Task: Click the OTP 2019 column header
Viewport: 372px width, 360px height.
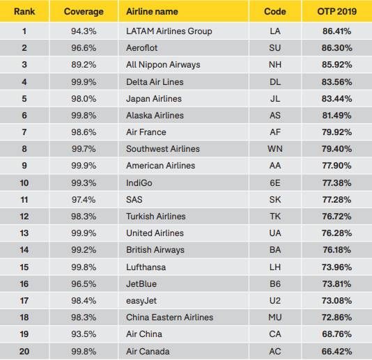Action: (337, 11)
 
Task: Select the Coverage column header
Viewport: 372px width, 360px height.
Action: (84, 12)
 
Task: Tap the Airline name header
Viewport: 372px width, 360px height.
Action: (152, 11)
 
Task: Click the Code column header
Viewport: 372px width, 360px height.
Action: (275, 11)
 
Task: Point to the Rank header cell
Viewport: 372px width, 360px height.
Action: (24, 11)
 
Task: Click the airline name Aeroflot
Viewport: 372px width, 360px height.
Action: (141, 48)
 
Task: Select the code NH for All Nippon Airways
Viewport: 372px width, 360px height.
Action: (275, 65)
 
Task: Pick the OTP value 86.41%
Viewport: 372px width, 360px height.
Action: (337, 31)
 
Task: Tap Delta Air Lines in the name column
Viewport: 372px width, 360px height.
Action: (155, 82)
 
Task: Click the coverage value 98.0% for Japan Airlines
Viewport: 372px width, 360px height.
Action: (84, 99)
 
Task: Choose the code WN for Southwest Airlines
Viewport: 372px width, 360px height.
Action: (275, 149)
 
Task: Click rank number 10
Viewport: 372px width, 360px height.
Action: (24, 183)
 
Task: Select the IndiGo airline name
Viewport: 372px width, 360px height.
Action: (139, 183)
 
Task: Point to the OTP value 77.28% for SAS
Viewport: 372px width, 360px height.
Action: (337, 200)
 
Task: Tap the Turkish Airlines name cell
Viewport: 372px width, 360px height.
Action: (156, 217)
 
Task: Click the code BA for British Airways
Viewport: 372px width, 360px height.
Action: (275, 250)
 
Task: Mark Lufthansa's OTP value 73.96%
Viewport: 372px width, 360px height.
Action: (337, 267)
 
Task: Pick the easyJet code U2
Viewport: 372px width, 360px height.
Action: (275, 301)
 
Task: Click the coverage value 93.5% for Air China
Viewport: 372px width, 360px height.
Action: (84, 334)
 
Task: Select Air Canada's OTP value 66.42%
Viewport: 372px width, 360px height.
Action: (337, 352)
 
